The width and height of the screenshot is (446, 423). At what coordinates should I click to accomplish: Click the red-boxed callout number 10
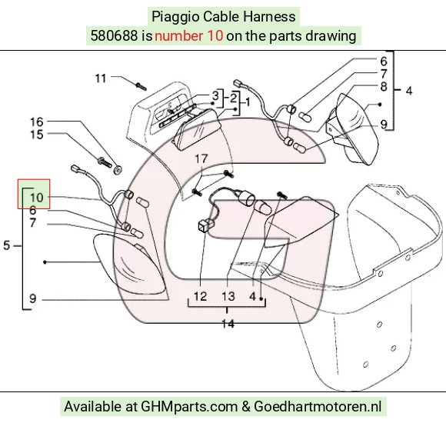pos(36,198)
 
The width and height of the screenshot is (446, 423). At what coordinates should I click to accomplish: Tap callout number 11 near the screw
pos(101,78)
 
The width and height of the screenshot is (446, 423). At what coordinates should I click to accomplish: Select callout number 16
pos(37,122)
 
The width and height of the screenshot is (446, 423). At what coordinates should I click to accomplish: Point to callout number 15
pos(37,135)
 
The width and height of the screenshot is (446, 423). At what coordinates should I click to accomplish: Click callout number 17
pos(201,158)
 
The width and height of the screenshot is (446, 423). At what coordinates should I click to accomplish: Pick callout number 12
pos(200,296)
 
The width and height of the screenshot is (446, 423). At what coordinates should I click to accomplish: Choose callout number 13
pos(228,296)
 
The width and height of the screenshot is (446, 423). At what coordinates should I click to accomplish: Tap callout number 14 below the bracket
pos(228,324)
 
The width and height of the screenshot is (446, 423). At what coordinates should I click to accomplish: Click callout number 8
pos(384,86)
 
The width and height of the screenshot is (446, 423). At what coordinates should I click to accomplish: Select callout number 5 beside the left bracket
pos(7,245)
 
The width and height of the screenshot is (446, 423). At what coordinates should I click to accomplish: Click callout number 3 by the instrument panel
pos(215,95)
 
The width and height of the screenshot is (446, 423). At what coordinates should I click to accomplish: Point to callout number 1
pos(248,102)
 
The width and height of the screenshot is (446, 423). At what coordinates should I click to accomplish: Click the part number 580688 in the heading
pos(114,36)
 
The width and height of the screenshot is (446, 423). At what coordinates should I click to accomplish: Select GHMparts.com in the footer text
pos(189,407)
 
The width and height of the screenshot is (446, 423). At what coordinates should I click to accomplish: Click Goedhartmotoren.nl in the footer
pos(318,406)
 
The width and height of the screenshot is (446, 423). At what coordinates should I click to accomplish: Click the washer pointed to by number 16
pos(118,170)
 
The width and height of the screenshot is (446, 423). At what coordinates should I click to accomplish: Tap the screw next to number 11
pos(141,86)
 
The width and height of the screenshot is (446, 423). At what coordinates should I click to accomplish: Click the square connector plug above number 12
pos(204,226)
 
